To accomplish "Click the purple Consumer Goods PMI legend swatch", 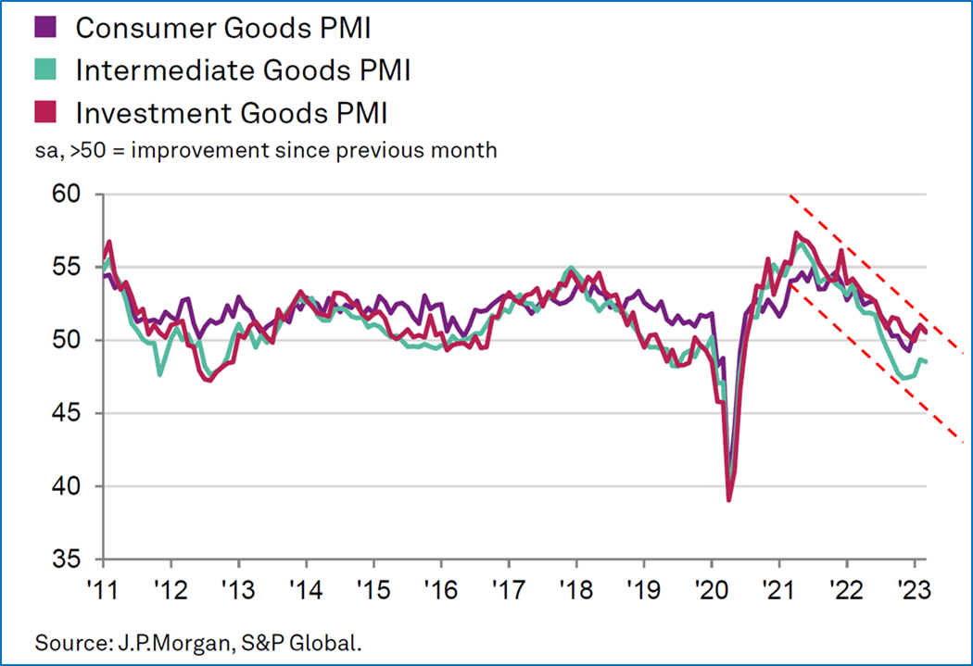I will (54, 28).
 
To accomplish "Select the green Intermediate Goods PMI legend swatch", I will (54, 70).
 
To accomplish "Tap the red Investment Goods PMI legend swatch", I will (54, 113).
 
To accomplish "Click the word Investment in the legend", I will (139, 113).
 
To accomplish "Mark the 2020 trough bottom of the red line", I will (729, 500).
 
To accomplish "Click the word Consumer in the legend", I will (134, 28).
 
